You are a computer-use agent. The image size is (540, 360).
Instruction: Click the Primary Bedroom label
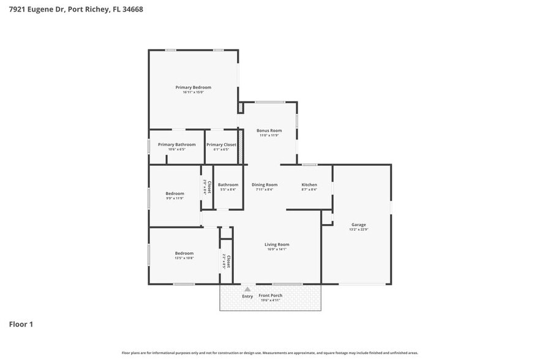(x=193, y=88)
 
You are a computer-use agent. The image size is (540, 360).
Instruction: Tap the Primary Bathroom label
(x=176, y=144)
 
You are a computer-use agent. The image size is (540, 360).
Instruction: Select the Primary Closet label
(x=221, y=144)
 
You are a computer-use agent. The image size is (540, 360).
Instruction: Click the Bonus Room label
(x=269, y=130)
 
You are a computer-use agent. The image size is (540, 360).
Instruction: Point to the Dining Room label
(x=264, y=185)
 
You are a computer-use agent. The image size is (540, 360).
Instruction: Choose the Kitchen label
(x=309, y=185)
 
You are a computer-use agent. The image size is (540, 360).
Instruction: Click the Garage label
(x=358, y=224)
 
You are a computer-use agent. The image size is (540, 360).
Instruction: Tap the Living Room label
(x=277, y=244)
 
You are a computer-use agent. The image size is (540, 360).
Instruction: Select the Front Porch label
(x=270, y=296)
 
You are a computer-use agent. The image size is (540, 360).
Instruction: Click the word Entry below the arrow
(x=247, y=296)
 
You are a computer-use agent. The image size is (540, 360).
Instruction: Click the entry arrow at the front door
(x=247, y=289)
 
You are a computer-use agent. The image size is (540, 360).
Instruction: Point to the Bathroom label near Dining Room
(x=228, y=185)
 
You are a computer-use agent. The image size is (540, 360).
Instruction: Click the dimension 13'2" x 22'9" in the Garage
(x=358, y=229)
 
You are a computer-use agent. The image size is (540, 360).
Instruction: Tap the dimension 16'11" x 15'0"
(x=193, y=92)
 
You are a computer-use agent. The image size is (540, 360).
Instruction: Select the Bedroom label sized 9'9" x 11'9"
(x=174, y=193)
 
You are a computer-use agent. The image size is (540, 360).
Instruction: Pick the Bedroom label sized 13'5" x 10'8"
(x=184, y=253)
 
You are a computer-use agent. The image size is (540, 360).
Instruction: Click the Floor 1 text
(x=21, y=324)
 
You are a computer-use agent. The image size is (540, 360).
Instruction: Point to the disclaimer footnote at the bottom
(x=270, y=353)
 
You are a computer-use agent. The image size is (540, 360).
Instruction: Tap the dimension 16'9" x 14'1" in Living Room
(x=277, y=249)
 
